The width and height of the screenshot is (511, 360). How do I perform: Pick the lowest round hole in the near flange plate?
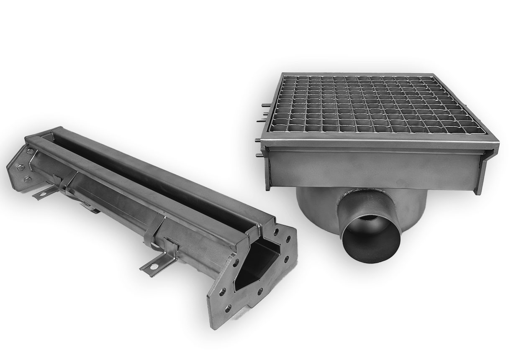point(228,309)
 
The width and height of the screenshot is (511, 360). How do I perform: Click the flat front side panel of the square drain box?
point(372,169)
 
